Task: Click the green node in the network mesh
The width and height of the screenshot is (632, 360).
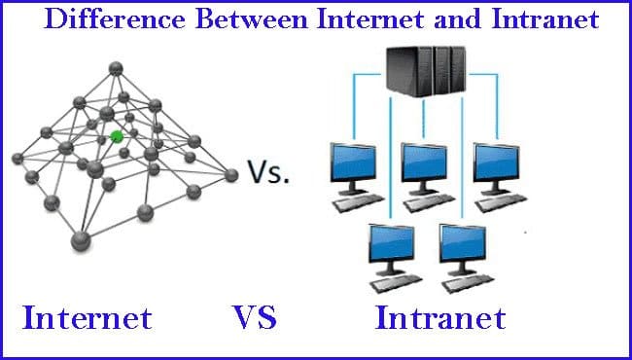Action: (x=117, y=136)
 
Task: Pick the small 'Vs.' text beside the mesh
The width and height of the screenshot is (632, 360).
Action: (x=270, y=172)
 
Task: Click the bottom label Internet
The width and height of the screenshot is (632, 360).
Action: (x=88, y=318)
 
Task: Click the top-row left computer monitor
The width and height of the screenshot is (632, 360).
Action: (x=354, y=162)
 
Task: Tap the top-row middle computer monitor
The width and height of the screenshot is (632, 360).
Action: (x=426, y=162)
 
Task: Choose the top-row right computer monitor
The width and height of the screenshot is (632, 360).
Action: (x=496, y=162)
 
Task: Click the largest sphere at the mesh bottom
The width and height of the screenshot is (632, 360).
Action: (x=79, y=238)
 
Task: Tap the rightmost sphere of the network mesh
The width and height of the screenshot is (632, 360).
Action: (x=231, y=175)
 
